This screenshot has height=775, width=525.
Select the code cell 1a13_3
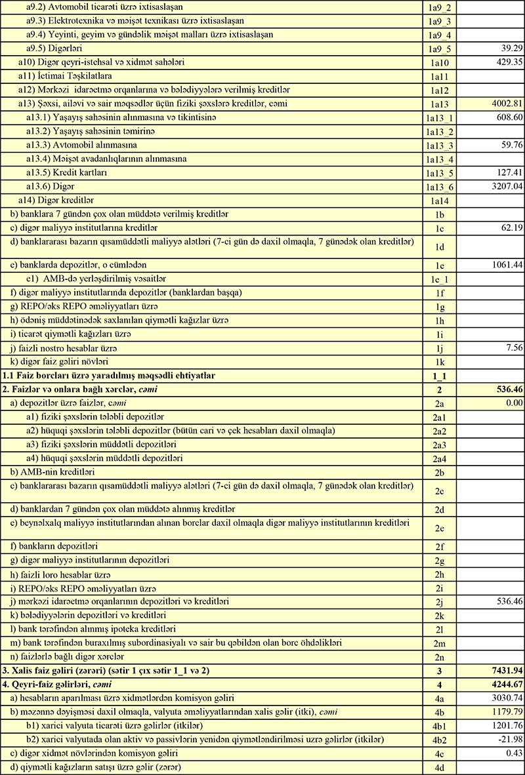pyautogui.click(x=439, y=145)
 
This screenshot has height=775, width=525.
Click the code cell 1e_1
pyautogui.click(x=439, y=279)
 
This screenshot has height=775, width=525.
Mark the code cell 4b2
pyautogui.click(x=439, y=740)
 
